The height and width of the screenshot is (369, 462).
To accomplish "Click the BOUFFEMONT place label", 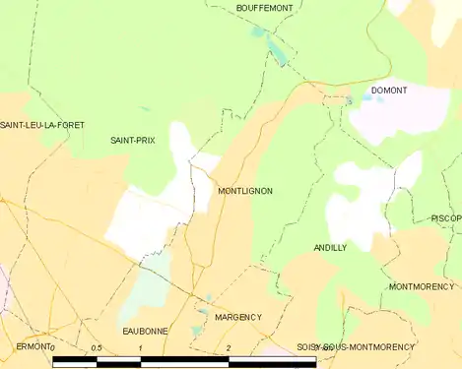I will click(x=265, y=8).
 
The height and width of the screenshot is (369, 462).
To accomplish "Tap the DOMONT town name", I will click(x=389, y=91).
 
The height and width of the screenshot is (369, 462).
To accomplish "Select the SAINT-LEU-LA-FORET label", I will click(x=42, y=125).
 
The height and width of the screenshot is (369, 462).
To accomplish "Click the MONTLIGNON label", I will click(x=244, y=191).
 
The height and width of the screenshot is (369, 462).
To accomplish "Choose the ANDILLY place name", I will click(x=330, y=248).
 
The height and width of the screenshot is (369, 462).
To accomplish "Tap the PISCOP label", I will click(x=446, y=218).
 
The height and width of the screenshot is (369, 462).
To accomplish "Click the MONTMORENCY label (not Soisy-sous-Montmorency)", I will click(x=421, y=287).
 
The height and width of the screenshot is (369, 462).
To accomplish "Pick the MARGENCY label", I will click(x=238, y=317).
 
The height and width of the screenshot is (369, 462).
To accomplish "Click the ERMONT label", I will click(x=33, y=347).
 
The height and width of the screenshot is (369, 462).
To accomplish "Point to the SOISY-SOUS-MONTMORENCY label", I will click(x=356, y=347).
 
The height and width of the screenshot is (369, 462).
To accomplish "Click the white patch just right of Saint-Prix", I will click(x=181, y=142).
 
